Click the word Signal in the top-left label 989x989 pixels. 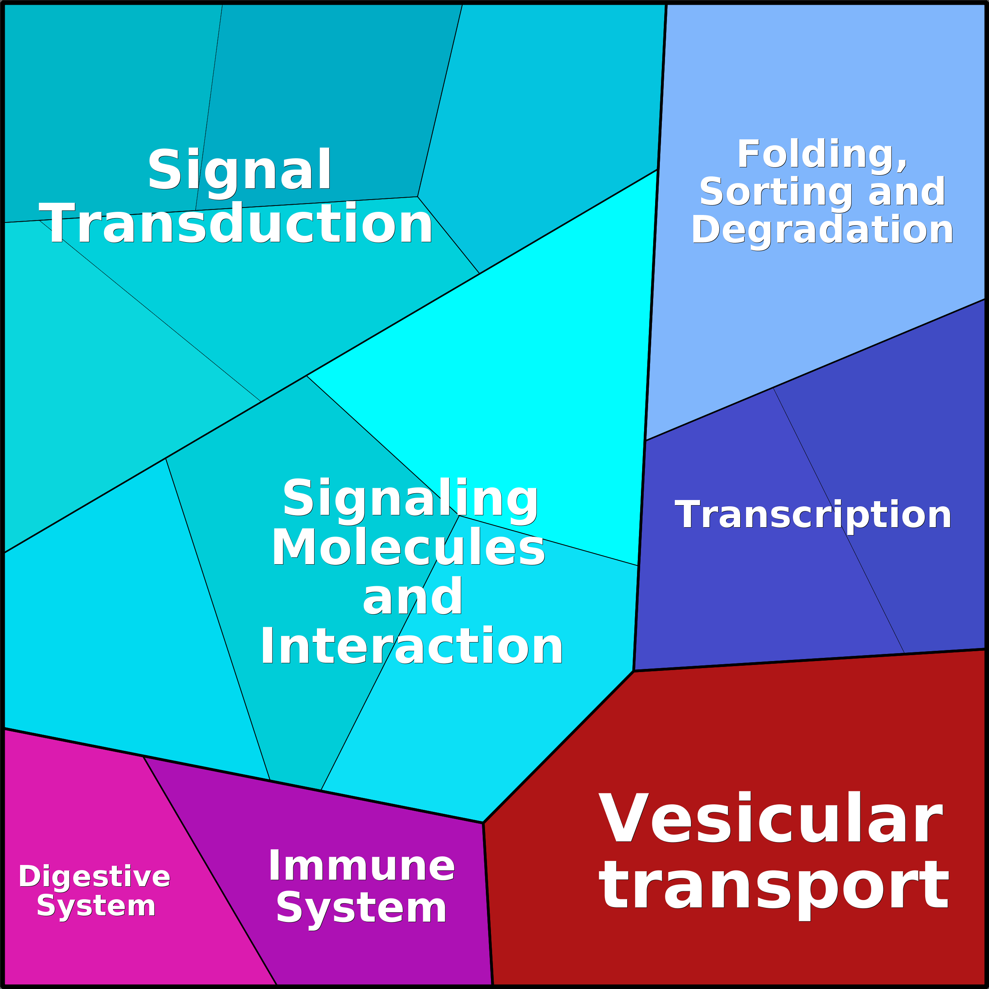pyautogui.click(x=239, y=170)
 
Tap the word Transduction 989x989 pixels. pyautogui.click(x=236, y=224)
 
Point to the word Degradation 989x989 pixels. pyautogui.click(x=822, y=230)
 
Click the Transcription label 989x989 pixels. pyautogui.click(x=813, y=515)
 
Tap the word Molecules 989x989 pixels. pyautogui.click(x=408, y=548)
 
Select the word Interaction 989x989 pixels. pyautogui.click(x=411, y=648)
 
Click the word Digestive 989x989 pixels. pyautogui.click(x=94, y=876)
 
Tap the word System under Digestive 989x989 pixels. pyautogui.click(x=96, y=906)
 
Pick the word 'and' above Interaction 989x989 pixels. pyautogui.click(x=412, y=597)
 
